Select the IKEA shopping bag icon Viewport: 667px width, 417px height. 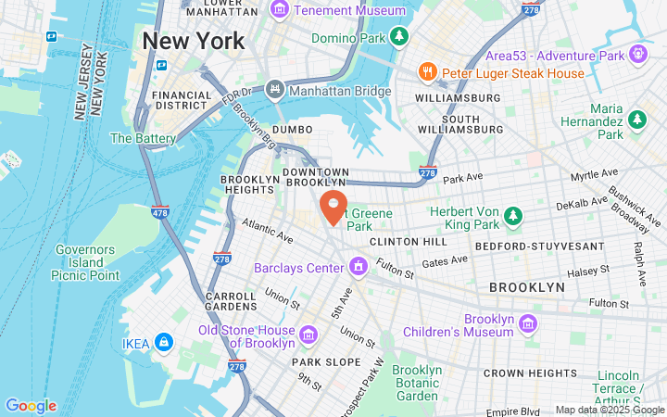point(163,343)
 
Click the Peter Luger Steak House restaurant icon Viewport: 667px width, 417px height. point(427,72)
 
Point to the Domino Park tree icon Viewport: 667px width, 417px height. point(399,37)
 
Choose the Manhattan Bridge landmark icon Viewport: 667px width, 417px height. point(274,91)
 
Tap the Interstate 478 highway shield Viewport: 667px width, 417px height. point(159,211)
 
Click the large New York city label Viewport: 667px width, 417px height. point(194,42)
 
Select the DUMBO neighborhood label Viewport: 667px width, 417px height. point(292,130)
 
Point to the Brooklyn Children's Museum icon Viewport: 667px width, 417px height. point(528,324)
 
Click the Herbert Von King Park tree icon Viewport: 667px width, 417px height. point(512,217)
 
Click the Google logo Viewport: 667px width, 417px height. point(31,406)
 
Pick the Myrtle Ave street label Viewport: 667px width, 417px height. point(595,173)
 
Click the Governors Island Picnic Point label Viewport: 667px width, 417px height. point(86,262)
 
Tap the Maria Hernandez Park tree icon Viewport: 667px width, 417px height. point(636,119)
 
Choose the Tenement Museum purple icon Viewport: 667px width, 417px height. point(280,10)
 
